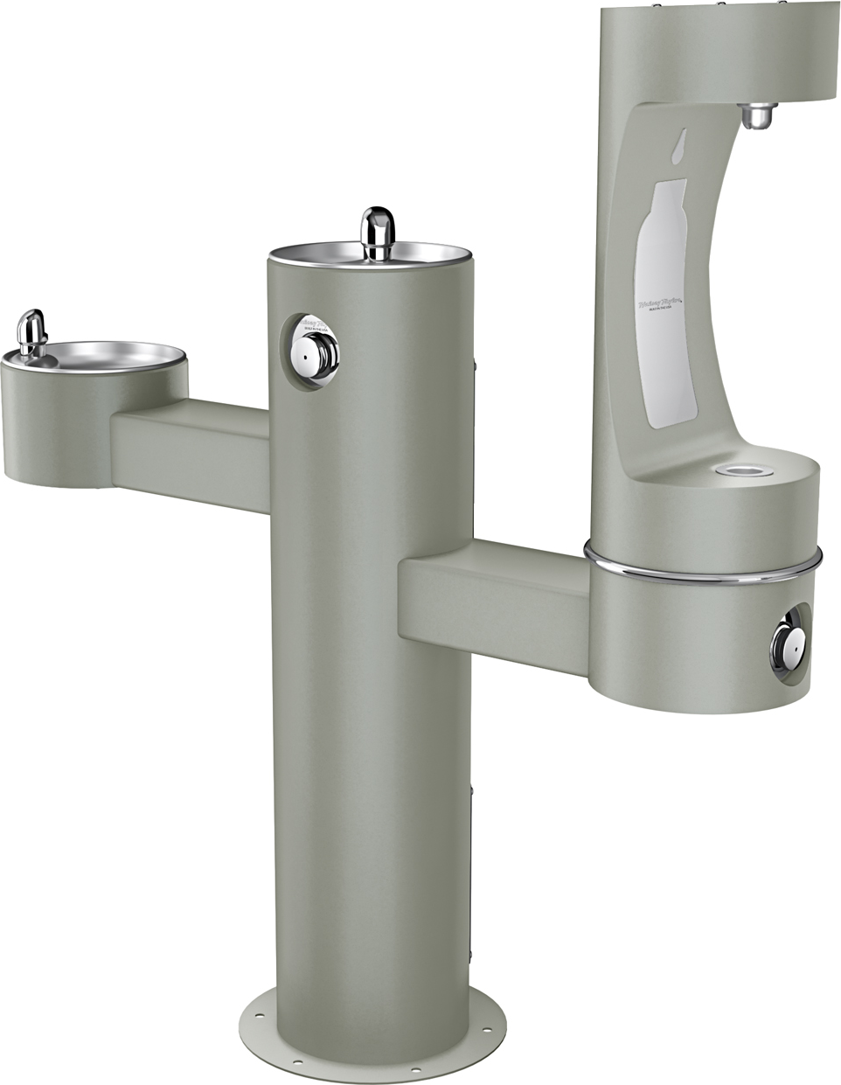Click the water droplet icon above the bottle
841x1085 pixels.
tap(680, 150)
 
